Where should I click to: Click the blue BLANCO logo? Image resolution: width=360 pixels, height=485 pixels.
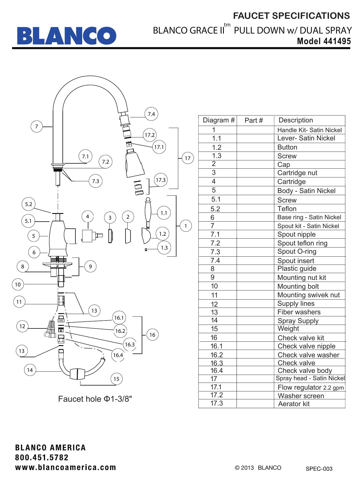pos(66,36)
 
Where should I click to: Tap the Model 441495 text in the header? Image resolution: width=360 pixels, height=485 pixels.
pos(324,41)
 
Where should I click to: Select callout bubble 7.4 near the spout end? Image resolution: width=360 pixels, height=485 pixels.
pos(151,114)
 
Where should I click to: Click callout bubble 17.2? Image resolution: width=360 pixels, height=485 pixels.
pos(150,135)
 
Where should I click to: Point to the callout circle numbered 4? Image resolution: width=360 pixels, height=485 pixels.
pos(87,217)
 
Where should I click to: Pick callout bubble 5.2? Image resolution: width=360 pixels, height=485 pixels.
pos(29,204)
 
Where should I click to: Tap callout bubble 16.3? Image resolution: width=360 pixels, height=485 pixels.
pos(130,345)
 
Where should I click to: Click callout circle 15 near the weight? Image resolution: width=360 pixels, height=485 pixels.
pos(116,379)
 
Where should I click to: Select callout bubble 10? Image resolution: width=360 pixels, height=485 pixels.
pos(18,285)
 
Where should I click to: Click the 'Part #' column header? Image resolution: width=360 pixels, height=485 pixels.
pos(254,120)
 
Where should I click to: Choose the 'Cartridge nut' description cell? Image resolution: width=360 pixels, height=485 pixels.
pos(297,173)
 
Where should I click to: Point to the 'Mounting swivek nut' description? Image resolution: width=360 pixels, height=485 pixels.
pos(308,295)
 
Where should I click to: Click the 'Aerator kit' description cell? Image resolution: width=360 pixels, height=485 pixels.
pos(294,404)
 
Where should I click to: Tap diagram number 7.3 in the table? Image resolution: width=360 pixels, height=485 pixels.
pos(215,252)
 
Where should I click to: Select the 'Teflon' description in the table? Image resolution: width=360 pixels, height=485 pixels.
pos(287,209)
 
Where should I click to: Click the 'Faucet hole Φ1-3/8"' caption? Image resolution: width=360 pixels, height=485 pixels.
pos(95,399)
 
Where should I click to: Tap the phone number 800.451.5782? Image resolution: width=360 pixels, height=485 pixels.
pos(42,458)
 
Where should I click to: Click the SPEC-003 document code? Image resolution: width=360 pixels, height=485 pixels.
pos(319,469)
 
